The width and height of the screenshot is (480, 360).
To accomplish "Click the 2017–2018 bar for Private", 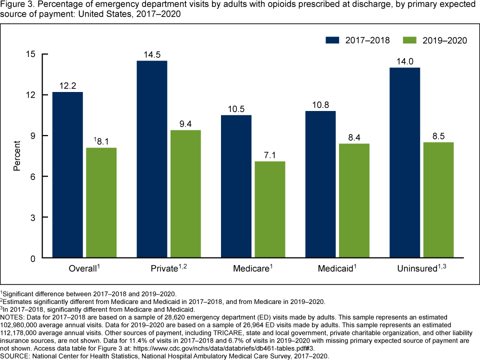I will (x=152, y=159).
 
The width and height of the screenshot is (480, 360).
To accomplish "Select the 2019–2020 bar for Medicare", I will (x=270, y=210).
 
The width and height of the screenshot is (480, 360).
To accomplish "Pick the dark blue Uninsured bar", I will (x=405, y=163).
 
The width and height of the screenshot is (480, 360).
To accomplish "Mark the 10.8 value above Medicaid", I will (x=320, y=104).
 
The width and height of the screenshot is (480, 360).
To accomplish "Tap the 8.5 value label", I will (x=439, y=136).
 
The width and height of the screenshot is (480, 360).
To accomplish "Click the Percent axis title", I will (x=17, y=156).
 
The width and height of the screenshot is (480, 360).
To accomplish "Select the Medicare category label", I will (x=252, y=269).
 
